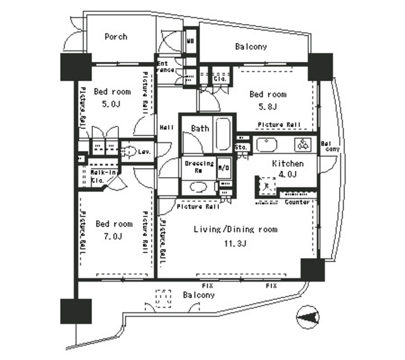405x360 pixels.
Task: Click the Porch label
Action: tap(115, 37)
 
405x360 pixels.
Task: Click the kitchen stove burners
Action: tap(303, 144)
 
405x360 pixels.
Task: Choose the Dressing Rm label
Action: tap(199, 166)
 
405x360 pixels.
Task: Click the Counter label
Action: tap(297, 202)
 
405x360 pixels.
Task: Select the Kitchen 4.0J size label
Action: tap(288, 175)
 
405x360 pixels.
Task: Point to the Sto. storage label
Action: tap(241, 147)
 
